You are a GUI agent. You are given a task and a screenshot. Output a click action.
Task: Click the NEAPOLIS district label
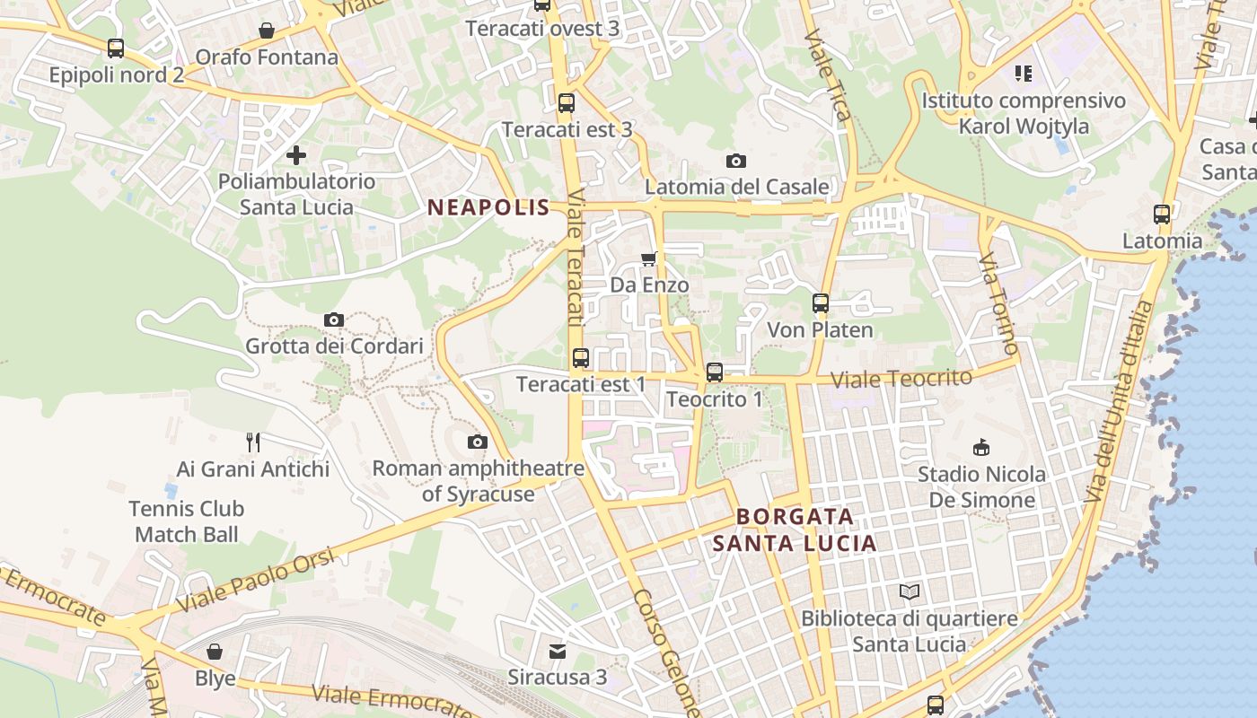[x=488, y=207]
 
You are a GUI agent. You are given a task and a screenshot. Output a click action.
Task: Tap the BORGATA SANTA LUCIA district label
[x=795, y=530]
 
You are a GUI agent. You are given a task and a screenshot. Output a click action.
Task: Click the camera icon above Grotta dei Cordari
[x=334, y=320]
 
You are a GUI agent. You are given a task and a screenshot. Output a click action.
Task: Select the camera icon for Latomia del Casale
[x=736, y=161]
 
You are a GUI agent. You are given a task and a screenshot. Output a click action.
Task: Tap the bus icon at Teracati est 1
[x=581, y=358]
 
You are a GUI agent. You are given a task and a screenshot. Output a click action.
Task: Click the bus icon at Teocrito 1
[x=715, y=372]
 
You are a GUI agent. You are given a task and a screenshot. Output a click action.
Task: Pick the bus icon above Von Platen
[x=821, y=303]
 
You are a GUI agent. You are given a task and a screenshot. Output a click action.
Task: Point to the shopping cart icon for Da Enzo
[x=649, y=259]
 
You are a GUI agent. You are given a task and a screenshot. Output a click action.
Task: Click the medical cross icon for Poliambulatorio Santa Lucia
[x=296, y=155]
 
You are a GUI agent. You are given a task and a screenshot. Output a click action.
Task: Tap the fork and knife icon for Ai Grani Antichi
[x=253, y=442]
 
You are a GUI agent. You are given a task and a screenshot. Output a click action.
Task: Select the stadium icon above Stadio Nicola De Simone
[x=981, y=447]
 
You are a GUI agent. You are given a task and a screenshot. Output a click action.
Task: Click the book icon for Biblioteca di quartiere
[x=910, y=592]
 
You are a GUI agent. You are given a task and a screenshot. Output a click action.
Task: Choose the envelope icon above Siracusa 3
[x=558, y=651]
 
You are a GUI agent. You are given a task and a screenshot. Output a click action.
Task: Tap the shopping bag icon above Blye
[x=215, y=652]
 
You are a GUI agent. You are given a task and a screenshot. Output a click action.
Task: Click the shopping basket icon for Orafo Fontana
[x=267, y=31]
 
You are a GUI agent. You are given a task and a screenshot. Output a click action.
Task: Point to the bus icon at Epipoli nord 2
[x=116, y=48]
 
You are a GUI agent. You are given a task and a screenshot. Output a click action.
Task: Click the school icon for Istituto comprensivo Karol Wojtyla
[x=1024, y=74]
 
